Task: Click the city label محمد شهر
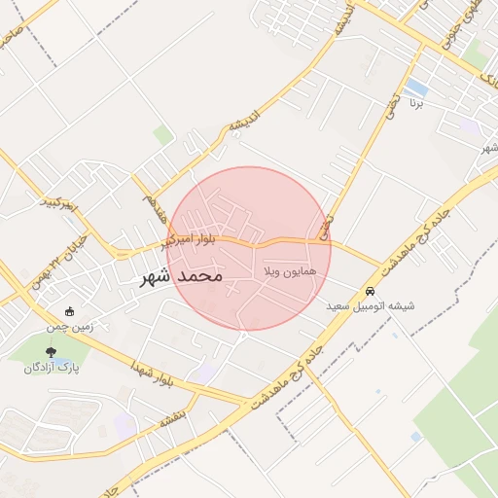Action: tap(182, 277)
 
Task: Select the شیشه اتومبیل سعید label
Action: tap(371, 305)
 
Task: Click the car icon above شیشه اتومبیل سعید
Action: tap(370, 291)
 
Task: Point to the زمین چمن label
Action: tap(71, 327)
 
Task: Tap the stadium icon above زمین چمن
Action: tap(70, 312)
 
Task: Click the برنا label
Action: tap(416, 101)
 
